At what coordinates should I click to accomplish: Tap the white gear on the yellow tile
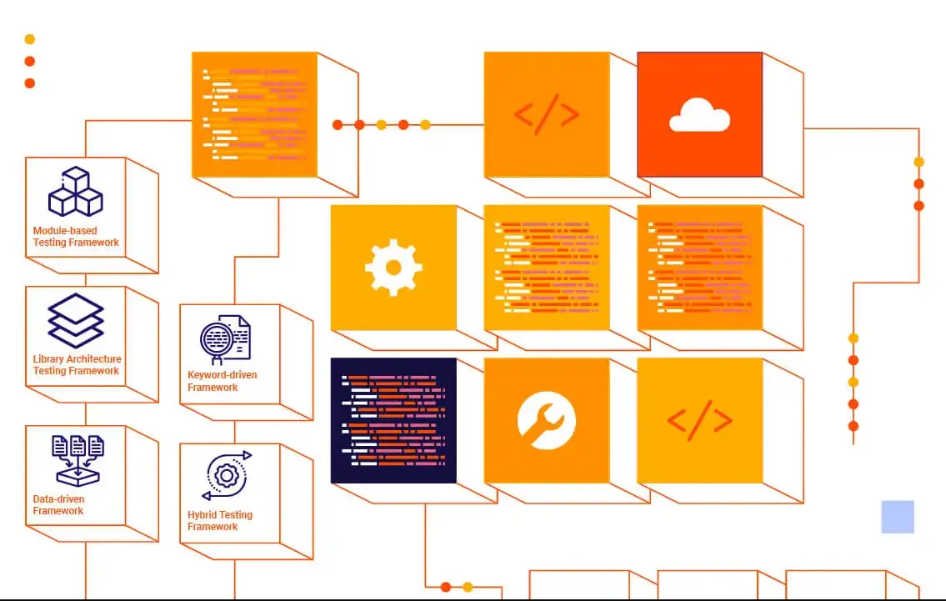point(393,268)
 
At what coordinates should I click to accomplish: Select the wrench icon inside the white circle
point(546,420)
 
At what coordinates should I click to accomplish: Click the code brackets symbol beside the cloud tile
point(546,114)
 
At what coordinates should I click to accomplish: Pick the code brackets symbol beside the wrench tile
point(699,420)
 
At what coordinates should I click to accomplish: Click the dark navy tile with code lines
point(393,420)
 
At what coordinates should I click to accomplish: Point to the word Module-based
point(65,231)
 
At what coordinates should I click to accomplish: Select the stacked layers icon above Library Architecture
point(75,320)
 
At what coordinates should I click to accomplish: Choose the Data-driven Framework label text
point(58,505)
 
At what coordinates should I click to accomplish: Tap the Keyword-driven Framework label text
point(222,381)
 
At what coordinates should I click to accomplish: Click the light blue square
point(898,517)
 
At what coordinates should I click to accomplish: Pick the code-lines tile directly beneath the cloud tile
point(699,268)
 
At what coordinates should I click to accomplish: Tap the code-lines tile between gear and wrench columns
point(546,268)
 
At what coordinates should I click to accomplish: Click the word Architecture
point(93,359)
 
